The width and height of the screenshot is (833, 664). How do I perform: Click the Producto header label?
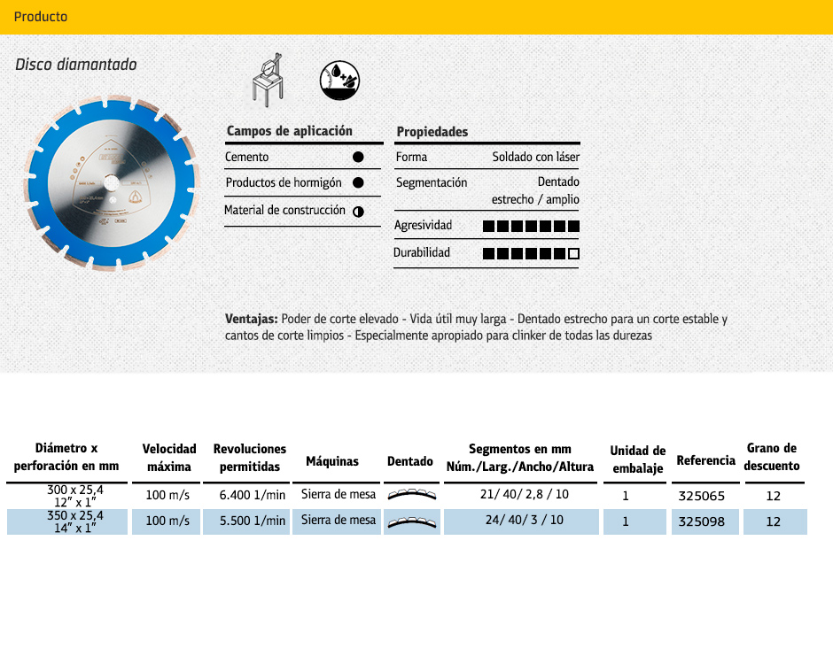41,17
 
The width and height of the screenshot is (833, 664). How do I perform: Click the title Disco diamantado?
76,65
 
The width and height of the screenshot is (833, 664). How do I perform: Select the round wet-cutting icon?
339,81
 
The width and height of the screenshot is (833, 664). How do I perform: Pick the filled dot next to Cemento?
358,157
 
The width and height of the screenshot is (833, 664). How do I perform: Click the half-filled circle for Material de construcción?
358,211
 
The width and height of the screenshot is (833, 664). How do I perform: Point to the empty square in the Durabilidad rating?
573,254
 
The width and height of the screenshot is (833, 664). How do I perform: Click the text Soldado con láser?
535,157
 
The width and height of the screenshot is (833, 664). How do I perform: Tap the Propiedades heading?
432,132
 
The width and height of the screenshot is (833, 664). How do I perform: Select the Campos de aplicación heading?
289,131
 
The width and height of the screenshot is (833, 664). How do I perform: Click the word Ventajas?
252,319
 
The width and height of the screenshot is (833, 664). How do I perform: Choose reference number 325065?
701,495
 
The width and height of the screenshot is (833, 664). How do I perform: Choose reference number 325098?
701,521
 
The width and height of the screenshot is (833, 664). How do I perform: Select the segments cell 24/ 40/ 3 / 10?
524,520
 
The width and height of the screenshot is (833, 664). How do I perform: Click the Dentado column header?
410,461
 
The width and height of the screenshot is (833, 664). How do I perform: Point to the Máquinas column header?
332,461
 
